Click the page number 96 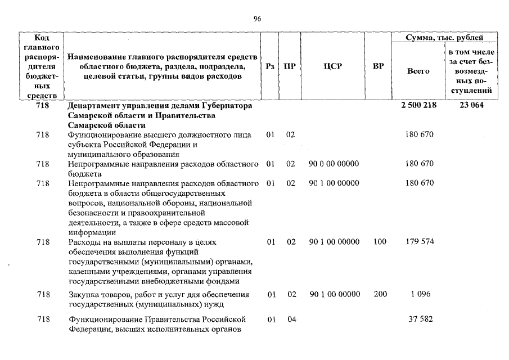257,19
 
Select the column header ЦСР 333,66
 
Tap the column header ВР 379,66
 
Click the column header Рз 270,66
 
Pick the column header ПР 290,66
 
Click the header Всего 418,71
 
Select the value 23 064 471,106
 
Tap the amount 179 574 419,242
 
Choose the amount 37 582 419,319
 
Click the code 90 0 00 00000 334,164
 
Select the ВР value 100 380,242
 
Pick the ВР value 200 380,294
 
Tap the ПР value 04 290,319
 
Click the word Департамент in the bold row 93,106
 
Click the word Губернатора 222,106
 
